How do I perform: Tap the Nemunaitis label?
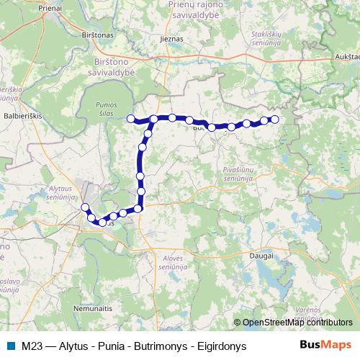(x=93, y=307)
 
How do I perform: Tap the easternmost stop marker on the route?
(x=274, y=120)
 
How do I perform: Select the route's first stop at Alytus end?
(x=85, y=207)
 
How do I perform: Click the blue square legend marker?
(x=11, y=346)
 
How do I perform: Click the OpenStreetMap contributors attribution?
(x=293, y=323)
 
